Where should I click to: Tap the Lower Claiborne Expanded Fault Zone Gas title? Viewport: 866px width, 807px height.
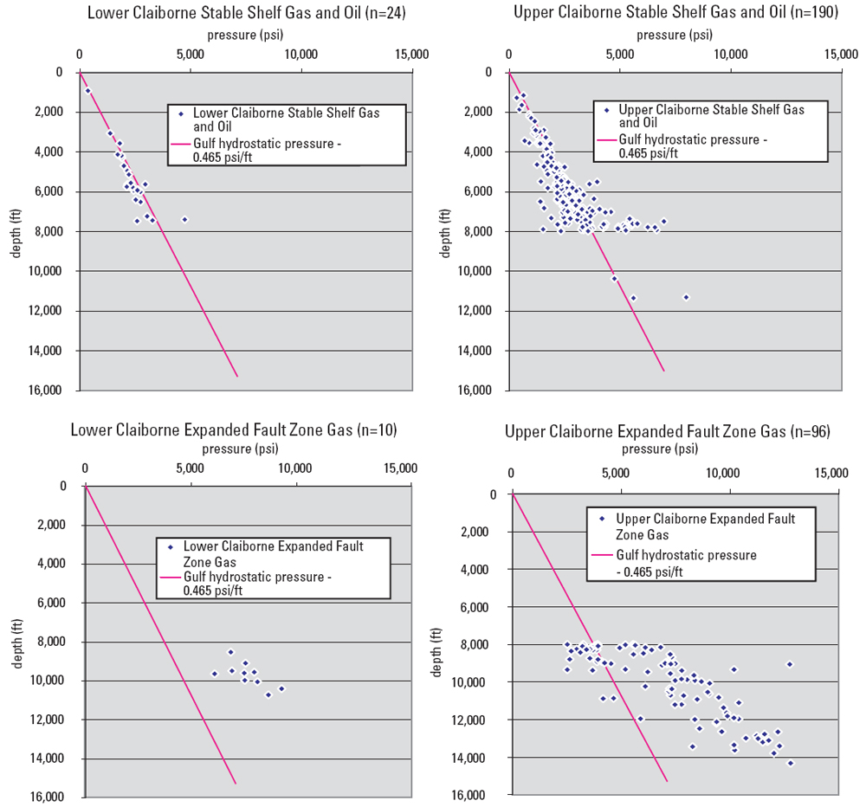coord(234,429)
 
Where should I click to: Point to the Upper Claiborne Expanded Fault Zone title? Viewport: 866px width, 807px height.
coord(668,430)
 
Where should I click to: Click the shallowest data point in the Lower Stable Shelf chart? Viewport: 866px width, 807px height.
coord(87,91)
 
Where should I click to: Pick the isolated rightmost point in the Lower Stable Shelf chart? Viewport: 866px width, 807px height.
coord(184,219)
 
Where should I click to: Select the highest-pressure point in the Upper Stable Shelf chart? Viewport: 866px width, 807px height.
coord(686,297)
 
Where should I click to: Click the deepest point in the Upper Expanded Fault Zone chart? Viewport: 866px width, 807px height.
coord(790,763)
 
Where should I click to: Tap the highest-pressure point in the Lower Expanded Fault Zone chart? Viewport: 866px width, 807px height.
coord(281,688)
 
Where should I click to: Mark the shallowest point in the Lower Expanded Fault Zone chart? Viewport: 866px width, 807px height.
coord(230,652)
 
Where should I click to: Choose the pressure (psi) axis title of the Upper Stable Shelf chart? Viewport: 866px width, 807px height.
coord(675,36)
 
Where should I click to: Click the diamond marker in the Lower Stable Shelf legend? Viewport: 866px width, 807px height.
coord(180,113)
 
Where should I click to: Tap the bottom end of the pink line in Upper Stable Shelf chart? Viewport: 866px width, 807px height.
coord(664,371)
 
